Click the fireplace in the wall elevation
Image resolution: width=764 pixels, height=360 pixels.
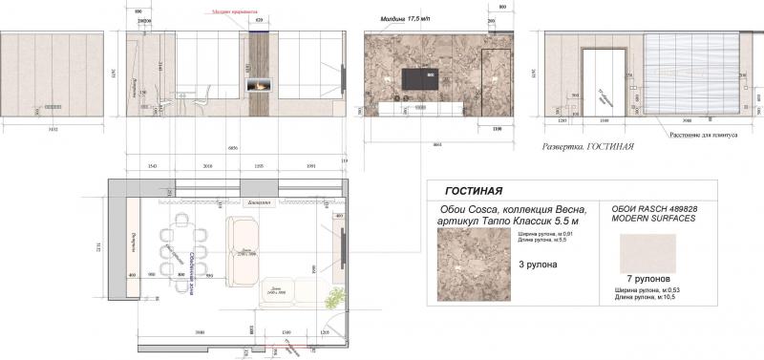(260, 85)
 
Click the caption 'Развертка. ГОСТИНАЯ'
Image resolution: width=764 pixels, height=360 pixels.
(588, 148)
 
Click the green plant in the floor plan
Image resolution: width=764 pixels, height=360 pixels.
(332, 296)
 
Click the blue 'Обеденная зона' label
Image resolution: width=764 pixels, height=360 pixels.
(193, 267)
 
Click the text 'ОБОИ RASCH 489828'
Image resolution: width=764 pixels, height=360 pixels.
(647, 208)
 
